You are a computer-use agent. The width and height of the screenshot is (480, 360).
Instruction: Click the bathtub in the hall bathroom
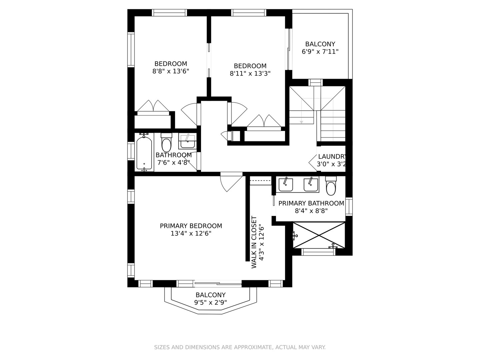[144, 153]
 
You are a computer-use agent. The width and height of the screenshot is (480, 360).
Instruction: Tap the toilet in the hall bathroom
[166, 142]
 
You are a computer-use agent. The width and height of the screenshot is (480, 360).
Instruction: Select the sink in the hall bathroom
[187, 141]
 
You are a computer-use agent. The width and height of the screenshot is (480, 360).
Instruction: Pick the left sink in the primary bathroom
[286, 185]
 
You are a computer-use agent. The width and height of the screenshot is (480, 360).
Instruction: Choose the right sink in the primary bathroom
[311, 185]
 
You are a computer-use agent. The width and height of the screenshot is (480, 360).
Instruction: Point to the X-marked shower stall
[319, 235]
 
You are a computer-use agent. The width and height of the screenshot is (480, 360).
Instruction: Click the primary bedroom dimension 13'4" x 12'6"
[191, 233]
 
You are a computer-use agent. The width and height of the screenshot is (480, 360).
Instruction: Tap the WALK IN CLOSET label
[254, 242]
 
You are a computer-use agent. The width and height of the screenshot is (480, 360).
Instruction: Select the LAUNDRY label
[332, 157]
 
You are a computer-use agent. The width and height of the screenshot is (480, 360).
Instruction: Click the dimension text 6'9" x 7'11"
[320, 52]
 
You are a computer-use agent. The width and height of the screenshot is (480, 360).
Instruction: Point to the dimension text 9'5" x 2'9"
[211, 303]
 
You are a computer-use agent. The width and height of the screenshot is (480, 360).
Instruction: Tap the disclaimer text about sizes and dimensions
[240, 347]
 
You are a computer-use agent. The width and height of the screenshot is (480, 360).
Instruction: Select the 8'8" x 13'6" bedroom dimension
[171, 71]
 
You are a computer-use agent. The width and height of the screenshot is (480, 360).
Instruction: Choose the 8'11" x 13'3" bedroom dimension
[250, 73]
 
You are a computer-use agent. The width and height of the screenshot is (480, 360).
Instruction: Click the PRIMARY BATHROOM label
[311, 203]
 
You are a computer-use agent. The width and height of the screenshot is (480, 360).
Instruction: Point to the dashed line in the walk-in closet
[260, 181]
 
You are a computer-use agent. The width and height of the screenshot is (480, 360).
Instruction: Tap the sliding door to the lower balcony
[218, 284]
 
